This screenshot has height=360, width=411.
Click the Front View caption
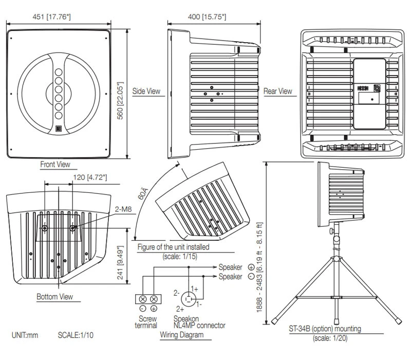pos(55,165)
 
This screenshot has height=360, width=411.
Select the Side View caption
pos(146,91)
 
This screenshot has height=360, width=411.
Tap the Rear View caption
pos(278,91)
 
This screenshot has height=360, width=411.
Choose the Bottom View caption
pos(54,297)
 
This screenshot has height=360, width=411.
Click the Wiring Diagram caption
pos(181,335)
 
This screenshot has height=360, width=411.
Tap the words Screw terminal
pos(146,321)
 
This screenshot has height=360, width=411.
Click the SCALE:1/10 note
pos(76,335)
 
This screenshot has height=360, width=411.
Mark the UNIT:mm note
pos(25,335)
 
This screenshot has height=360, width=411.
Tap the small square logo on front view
pos(59,129)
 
